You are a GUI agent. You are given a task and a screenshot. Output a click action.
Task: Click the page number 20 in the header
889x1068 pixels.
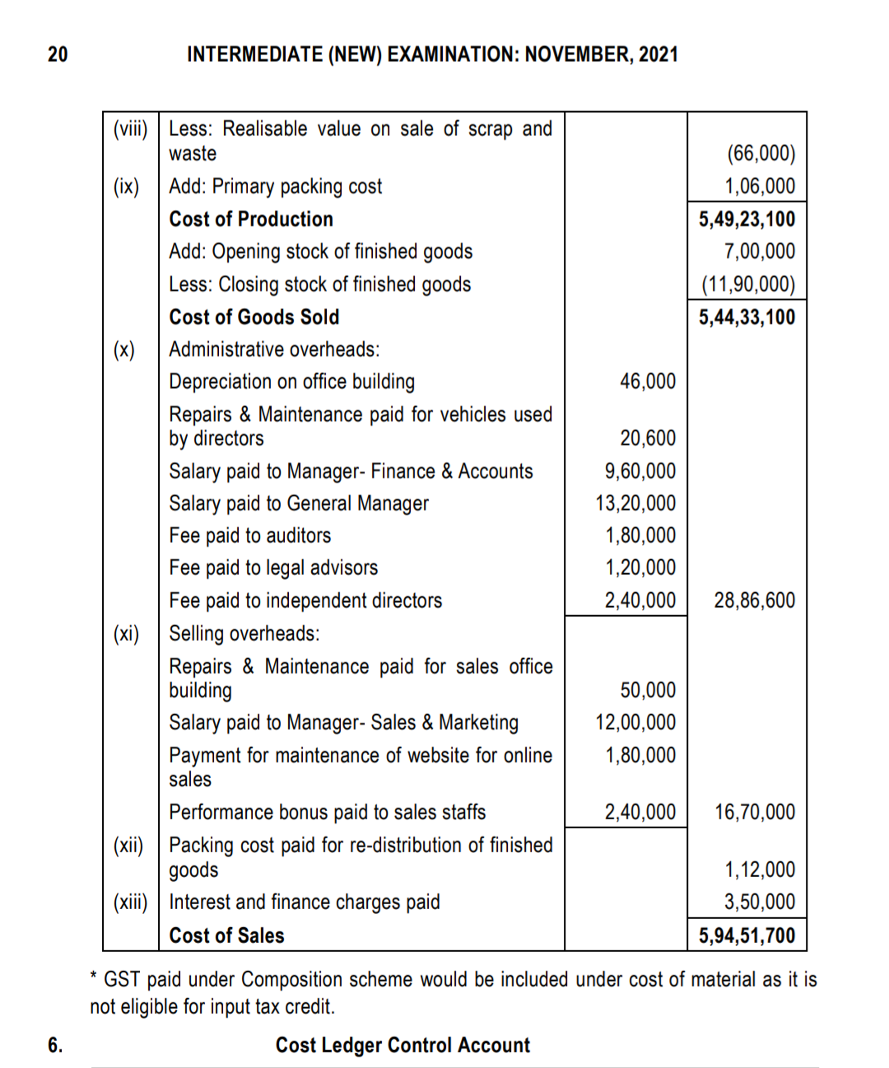click(58, 54)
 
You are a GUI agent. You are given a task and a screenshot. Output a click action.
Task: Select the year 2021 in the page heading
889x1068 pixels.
click(658, 54)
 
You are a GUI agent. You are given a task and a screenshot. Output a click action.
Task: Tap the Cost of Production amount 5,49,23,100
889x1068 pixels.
click(747, 219)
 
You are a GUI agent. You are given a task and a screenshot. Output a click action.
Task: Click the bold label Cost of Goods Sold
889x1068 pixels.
click(254, 317)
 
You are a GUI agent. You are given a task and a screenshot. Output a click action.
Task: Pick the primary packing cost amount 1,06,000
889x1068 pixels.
click(759, 186)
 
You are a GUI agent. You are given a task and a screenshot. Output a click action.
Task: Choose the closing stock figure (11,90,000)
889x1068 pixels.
click(748, 284)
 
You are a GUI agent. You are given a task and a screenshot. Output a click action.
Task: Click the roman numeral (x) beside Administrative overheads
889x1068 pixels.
click(124, 350)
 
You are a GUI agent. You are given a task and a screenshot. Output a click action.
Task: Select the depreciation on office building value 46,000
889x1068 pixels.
click(647, 381)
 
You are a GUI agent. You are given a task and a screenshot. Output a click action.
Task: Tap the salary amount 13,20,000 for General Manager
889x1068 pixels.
click(635, 503)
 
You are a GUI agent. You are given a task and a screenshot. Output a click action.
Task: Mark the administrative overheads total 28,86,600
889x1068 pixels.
click(754, 600)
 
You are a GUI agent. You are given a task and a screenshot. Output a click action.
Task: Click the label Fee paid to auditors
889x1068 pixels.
click(249, 536)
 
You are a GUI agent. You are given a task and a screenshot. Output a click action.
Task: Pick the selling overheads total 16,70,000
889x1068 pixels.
click(754, 812)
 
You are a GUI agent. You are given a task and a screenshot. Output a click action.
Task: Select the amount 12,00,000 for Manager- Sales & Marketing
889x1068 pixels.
click(635, 722)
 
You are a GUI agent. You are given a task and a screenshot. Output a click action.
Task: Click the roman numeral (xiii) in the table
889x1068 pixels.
click(130, 902)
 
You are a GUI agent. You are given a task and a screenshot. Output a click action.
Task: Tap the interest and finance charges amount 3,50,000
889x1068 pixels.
click(759, 902)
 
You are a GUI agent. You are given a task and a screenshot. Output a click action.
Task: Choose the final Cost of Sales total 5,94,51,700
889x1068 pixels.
click(747, 935)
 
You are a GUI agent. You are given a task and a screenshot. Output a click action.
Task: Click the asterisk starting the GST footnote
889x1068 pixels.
click(95, 977)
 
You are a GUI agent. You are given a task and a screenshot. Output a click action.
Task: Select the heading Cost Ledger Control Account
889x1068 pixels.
click(403, 1045)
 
